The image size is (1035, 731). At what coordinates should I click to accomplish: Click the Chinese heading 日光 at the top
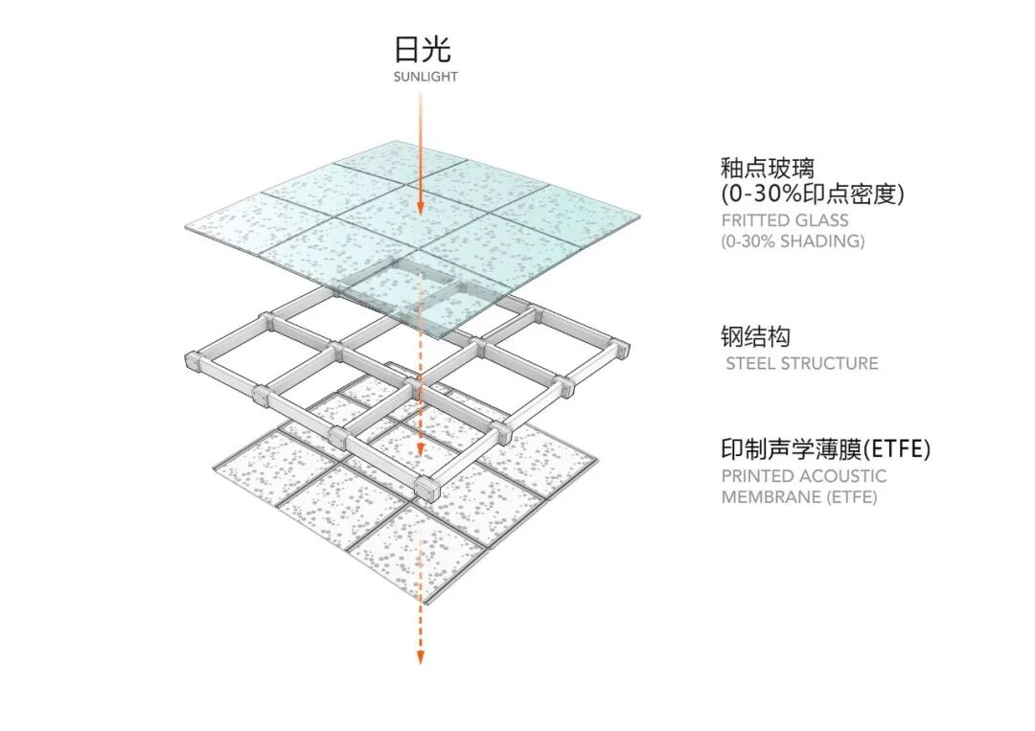422,49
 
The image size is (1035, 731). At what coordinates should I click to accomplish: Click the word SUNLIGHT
425,77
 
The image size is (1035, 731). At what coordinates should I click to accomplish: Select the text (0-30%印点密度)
812,194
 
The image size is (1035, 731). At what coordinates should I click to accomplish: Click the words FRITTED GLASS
785,220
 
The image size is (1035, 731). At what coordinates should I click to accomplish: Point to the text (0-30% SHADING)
793,241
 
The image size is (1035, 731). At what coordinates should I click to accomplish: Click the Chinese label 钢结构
755,337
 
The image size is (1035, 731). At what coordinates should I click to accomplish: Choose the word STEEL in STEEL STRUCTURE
750,364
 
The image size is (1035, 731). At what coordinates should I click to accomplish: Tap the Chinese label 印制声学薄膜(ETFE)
825,448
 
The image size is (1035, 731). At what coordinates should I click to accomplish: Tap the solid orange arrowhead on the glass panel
420,207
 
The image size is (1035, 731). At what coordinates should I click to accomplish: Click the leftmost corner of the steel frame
189,361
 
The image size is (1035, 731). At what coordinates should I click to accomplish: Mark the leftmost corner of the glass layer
186,228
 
